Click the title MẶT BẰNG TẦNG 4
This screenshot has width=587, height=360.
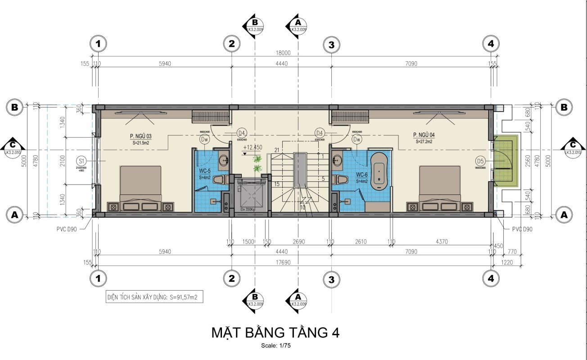pyautogui.click(x=275, y=333)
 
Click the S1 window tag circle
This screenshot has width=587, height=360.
pyautogui.click(x=81, y=161)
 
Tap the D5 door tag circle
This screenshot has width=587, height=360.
pyautogui.click(x=480, y=161)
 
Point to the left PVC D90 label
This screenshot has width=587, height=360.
pyautogui.click(x=67, y=229)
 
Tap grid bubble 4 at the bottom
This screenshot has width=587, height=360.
pyautogui.click(x=490, y=279)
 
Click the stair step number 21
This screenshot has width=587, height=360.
pyautogui.click(x=277, y=150)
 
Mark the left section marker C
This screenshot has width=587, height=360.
pyautogui.click(x=14, y=146)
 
